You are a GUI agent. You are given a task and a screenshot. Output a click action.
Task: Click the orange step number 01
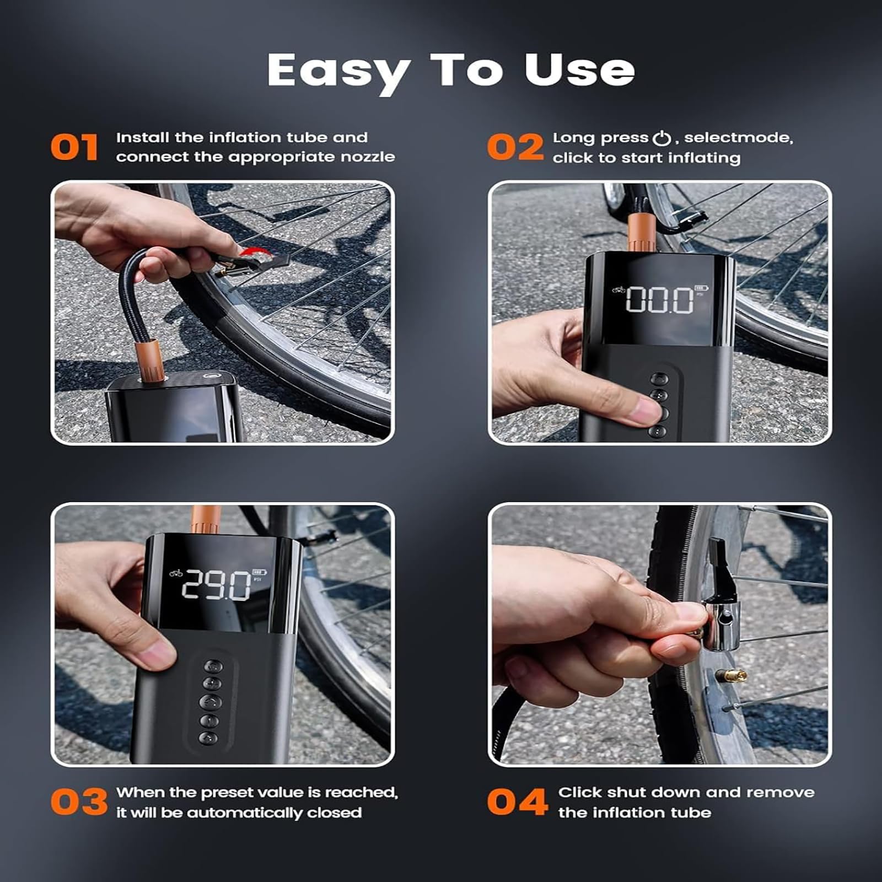click(74, 147)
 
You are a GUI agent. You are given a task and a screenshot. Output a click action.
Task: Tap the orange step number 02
click(515, 147)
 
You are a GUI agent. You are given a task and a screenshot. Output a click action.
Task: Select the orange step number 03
click(79, 802)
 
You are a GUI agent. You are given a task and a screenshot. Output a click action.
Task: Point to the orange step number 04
click(518, 802)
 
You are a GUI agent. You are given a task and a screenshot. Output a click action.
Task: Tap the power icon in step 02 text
click(661, 138)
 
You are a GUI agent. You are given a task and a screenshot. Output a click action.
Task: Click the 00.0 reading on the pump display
click(660, 300)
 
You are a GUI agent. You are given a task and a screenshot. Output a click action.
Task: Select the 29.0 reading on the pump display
click(216, 585)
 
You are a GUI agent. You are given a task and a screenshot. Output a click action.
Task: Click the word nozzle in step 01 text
click(368, 157)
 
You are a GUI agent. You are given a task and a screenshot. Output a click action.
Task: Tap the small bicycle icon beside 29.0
click(176, 573)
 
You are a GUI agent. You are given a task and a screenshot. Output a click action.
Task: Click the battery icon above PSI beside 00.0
click(701, 288)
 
